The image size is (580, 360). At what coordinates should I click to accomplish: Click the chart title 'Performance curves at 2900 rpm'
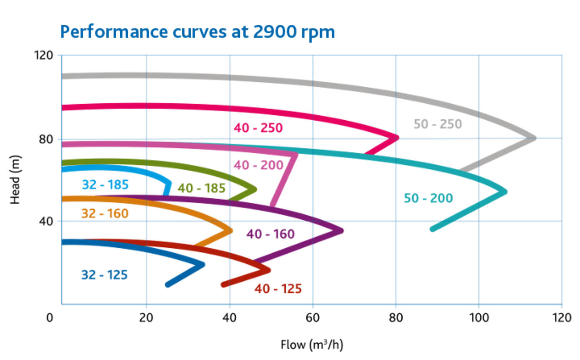[197, 32]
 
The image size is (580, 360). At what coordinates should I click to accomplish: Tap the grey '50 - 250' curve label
[438, 124]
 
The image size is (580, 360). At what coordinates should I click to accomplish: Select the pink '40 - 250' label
[258, 128]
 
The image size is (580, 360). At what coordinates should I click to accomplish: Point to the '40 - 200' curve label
[258, 165]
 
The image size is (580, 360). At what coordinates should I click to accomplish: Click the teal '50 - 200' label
[428, 198]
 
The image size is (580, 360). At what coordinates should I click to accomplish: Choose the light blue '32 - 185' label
[105, 184]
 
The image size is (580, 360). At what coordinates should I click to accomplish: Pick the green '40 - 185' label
[201, 188]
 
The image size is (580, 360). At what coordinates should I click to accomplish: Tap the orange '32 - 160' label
[105, 213]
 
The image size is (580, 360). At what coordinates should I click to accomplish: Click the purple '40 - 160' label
[271, 234]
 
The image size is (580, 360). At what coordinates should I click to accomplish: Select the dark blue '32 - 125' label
[104, 275]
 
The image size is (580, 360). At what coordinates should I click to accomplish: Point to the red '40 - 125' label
[278, 288]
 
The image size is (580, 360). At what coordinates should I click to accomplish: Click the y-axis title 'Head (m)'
[15, 179]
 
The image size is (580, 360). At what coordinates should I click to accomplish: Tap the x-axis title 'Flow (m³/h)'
[312, 344]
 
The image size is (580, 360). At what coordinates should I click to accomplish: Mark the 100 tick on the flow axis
[479, 317]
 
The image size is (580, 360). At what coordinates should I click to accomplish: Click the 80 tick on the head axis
[46, 139]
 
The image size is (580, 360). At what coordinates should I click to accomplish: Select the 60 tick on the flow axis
[312, 317]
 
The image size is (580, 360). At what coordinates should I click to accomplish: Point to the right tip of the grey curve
[534, 138]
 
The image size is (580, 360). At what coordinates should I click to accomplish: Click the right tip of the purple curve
[341, 231]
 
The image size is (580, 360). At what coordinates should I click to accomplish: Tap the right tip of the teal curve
[505, 191]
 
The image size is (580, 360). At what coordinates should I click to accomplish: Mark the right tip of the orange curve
[231, 231]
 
